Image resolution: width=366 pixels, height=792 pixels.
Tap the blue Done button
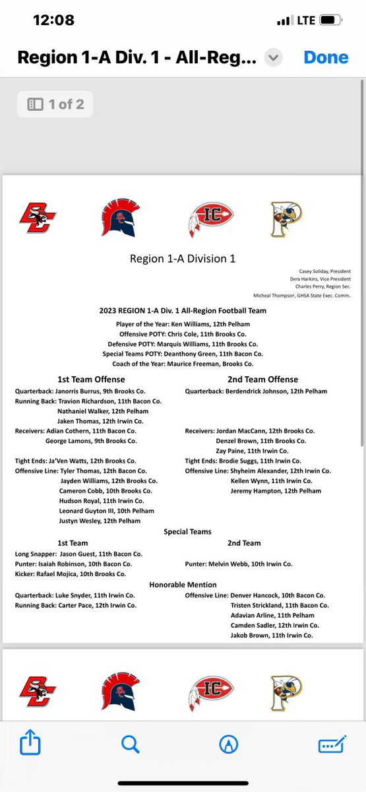tap(325, 57)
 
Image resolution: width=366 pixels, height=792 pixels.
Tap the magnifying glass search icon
tap(131, 744)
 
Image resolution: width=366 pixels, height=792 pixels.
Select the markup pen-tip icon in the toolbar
tap(228, 744)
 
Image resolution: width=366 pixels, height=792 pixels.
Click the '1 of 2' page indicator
tap(55, 104)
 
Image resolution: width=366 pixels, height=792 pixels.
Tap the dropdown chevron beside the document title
tap(273, 58)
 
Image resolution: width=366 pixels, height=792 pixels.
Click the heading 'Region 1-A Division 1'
tap(183, 259)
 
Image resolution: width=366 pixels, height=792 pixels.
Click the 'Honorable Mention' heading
tap(183, 584)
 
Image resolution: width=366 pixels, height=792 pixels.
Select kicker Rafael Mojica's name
tap(66, 574)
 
